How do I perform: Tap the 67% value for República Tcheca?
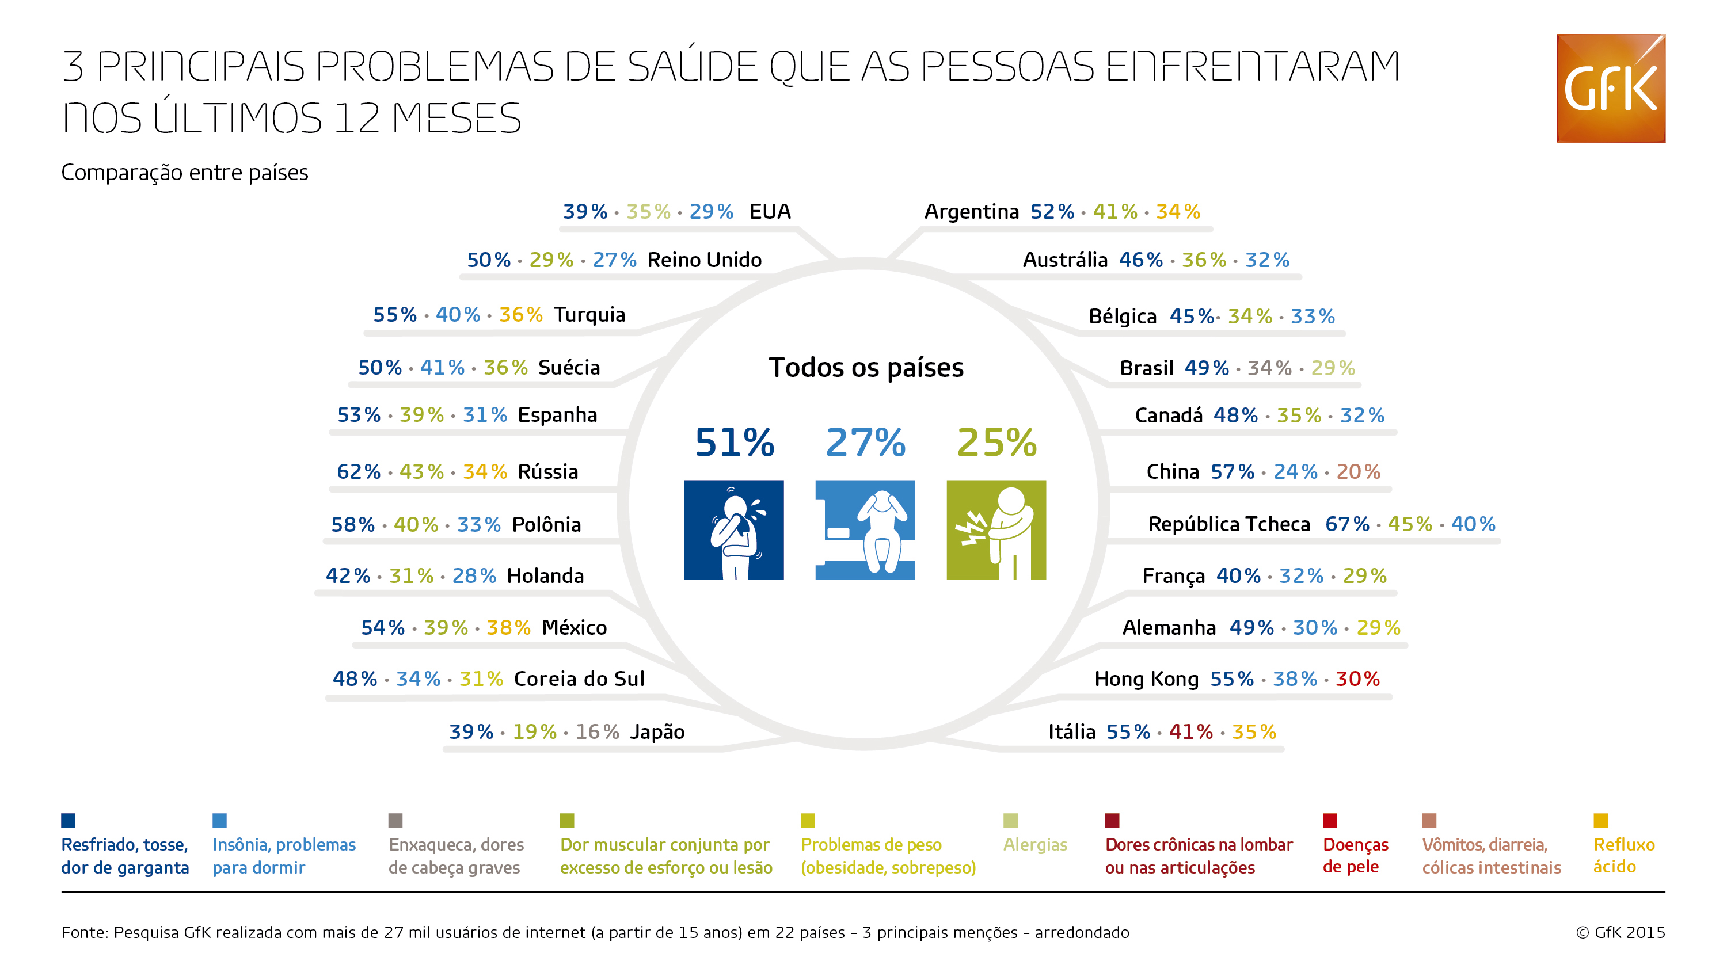pyautogui.click(x=1347, y=524)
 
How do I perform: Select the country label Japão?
pyautogui.click(x=657, y=731)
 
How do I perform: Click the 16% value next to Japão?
pyautogui.click(x=596, y=731)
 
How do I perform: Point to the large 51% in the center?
pyautogui.click(x=734, y=443)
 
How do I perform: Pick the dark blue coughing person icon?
pyautogui.click(x=733, y=529)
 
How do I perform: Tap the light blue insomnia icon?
pyautogui.click(x=865, y=529)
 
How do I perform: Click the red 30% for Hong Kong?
pyautogui.click(x=1357, y=679)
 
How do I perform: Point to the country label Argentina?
pyautogui.click(x=972, y=212)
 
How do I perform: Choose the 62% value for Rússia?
pyautogui.click(x=358, y=471)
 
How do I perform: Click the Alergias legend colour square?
pyautogui.click(x=1010, y=820)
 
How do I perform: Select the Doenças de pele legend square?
pyautogui.click(x=1329, y=820)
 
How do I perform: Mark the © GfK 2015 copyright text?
pyautogui.click(x=1620, y=932)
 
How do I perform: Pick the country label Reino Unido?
pyautogui.click(x=704, y=260)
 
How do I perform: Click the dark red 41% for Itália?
pyautogui.click(x=1190, y=731)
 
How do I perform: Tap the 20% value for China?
pyautogui.click(x=1357, y=471)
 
